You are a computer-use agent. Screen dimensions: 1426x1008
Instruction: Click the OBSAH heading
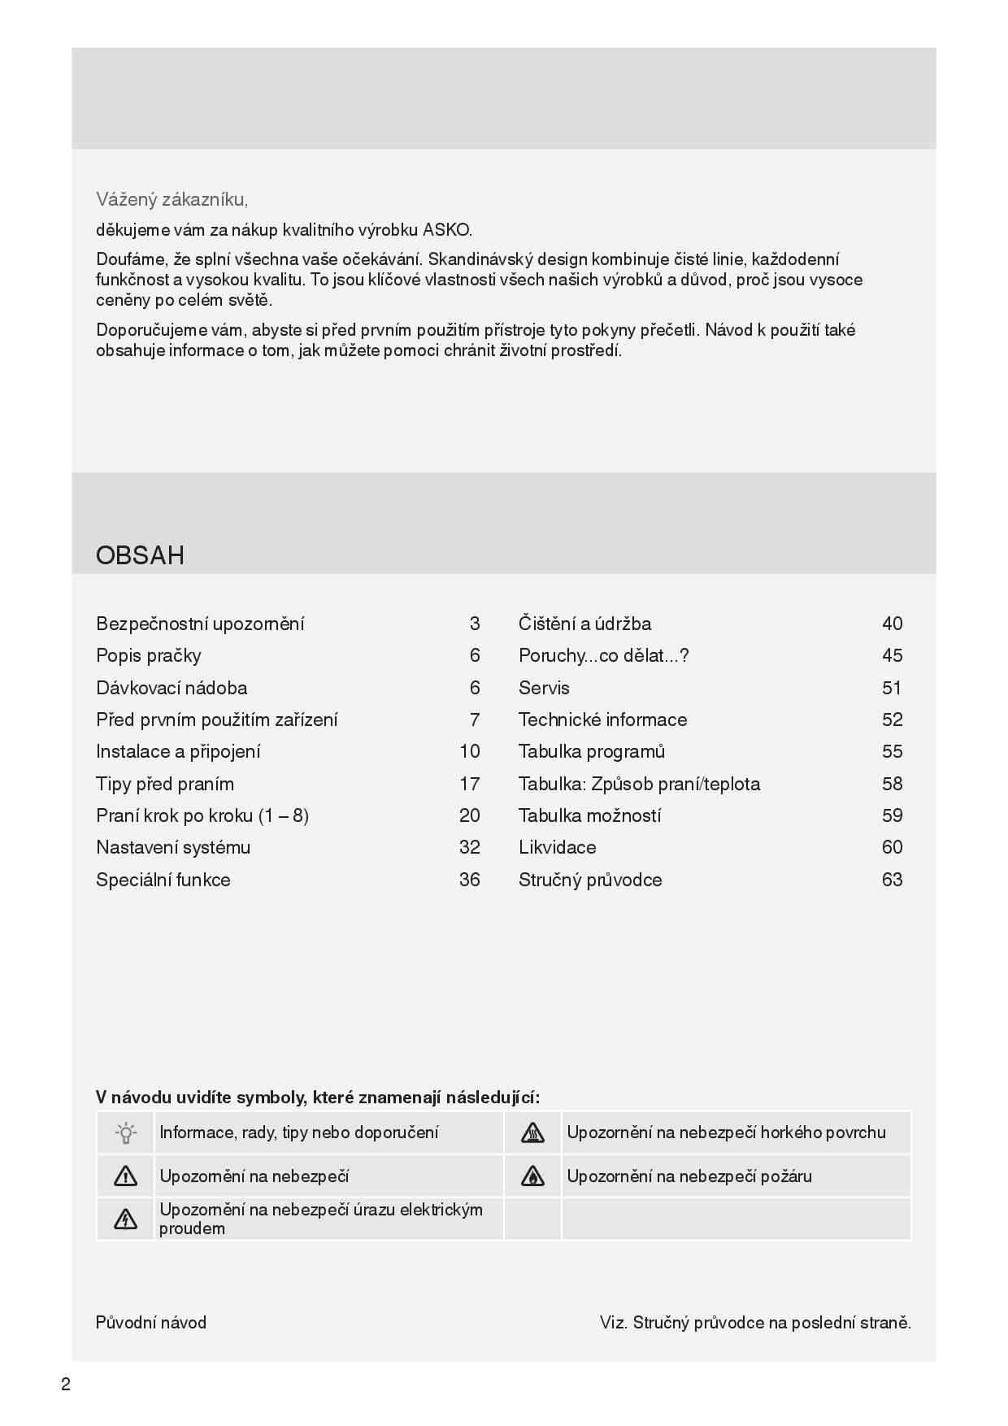[x=140, y=555]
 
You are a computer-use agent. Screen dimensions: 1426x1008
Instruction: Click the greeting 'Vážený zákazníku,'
[x=172, y=199]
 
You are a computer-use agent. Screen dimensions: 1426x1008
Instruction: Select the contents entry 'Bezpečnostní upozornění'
[x=200, y=624]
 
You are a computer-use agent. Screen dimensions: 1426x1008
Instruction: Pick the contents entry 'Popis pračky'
[x=148, y=655]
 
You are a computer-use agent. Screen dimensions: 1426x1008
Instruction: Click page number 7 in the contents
[x=475, y=720]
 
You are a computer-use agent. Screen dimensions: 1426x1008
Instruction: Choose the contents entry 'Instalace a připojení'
[x=178, y=751]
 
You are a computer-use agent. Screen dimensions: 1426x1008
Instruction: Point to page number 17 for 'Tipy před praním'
[x=470, y=784]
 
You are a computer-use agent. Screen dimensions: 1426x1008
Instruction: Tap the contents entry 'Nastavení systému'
[x=173, y=847]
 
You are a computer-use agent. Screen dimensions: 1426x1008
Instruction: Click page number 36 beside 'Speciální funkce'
[x=470, y=880]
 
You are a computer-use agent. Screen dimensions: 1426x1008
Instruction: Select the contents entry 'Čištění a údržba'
[x=584, y=624]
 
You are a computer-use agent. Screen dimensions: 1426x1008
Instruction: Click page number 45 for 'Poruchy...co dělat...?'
[x=892, y=655]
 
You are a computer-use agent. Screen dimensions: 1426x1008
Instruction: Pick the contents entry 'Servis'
[x=544, y=688]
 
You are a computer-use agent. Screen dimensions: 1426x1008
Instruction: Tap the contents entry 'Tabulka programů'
[x=592, y=751]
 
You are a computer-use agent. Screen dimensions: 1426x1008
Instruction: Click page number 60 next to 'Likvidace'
[x=892, y=847]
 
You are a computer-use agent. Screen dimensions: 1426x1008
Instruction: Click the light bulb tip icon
[x=126, y=1133]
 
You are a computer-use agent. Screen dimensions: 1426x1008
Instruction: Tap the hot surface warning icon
[x=532, y=1133]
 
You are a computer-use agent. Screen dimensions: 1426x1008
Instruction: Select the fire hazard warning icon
[x=532, y=1176]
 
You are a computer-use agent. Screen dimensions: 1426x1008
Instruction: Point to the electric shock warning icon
[x=126, y=1219]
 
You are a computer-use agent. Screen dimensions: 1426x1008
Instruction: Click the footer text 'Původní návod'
[x=151, y=1323]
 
